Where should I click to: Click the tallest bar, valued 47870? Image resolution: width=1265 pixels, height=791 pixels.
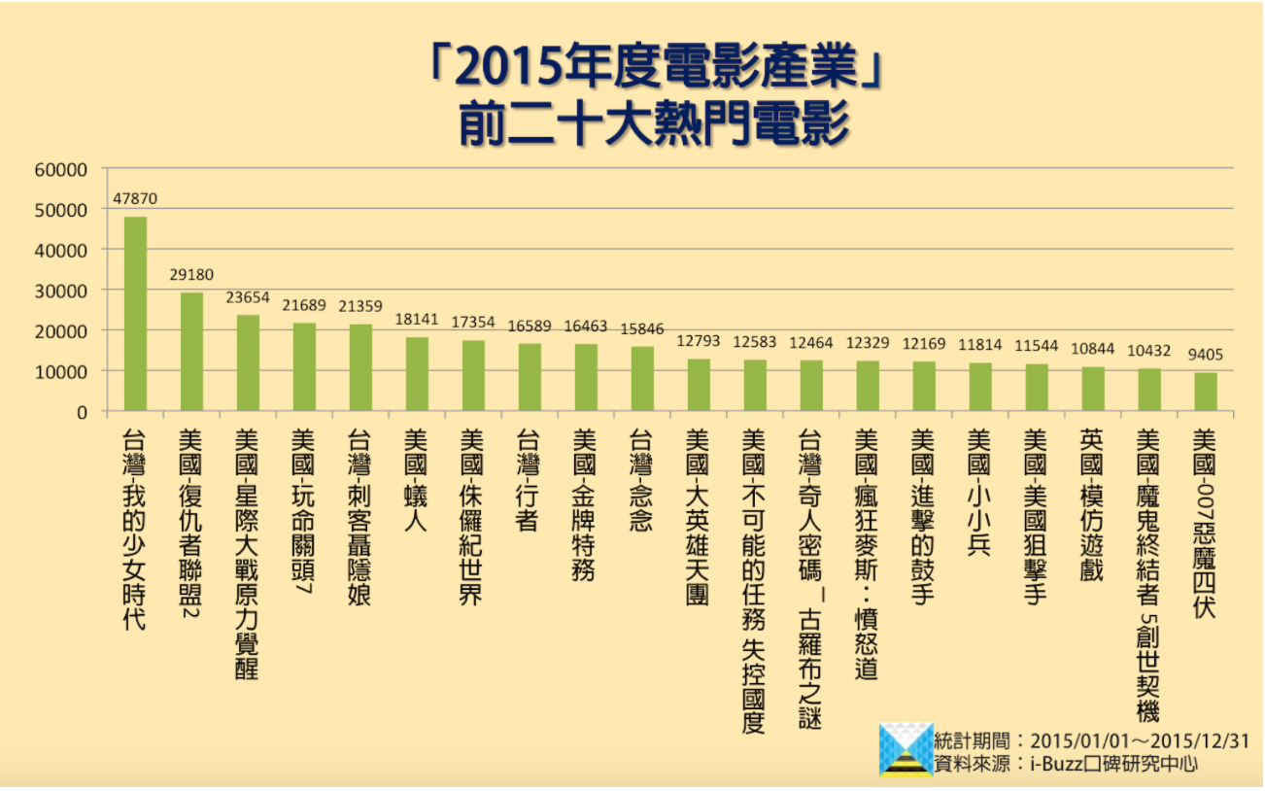(x=135, y=313)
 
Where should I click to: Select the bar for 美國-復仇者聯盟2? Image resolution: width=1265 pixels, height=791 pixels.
(x=191, y=351)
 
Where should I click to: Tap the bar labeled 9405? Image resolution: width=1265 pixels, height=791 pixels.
(x=1205, y=392)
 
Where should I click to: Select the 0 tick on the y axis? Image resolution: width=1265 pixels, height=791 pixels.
(x=82, y=412)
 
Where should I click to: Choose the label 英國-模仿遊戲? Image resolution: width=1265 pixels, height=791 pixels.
(x=1092, y=504)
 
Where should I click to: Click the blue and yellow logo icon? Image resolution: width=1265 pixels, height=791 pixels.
(x=906, y=749)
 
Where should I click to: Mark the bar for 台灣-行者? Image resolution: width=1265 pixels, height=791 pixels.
(x=530, y=376)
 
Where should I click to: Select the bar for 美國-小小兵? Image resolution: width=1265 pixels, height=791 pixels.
(x=980, y=387)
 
